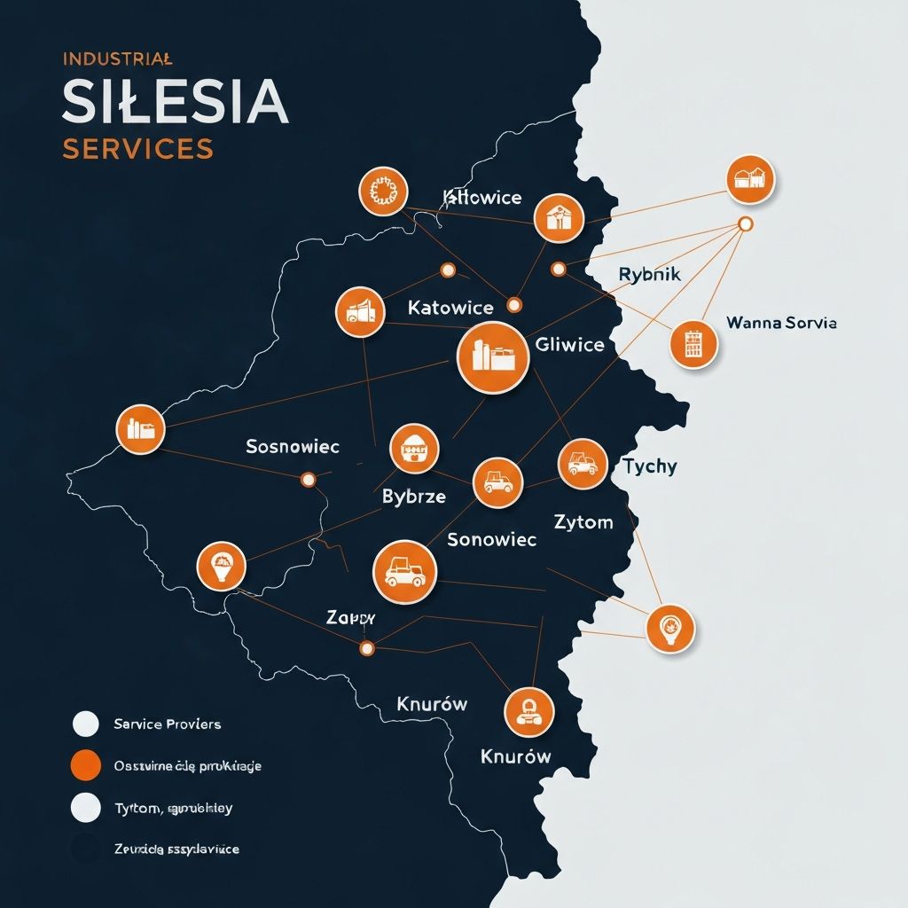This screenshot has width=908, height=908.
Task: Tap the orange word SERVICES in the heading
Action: point(137,148)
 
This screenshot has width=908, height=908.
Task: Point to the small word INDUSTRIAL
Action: point(117,59)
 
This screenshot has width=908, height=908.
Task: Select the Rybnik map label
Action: point(649,275)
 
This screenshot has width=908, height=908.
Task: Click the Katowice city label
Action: point(450,308)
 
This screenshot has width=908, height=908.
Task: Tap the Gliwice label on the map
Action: point(570,345)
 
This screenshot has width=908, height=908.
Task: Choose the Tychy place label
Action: point(649,466)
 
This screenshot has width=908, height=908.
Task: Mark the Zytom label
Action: point(583,521)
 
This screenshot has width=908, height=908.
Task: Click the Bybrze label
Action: point(413,497)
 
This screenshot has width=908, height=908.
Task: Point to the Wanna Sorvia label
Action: point(780,323)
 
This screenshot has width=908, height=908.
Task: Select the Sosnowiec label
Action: point(293,446)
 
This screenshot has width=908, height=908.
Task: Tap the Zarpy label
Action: point(351,618)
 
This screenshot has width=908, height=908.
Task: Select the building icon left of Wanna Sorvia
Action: point(693,344)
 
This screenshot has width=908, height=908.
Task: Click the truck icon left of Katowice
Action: point(360,311)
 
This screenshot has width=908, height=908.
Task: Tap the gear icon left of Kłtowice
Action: point(383,191)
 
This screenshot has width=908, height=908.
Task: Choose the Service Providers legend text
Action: point(167,724)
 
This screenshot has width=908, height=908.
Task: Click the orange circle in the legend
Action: point(85,764)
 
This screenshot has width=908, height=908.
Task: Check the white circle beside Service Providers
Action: point(85,724)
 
